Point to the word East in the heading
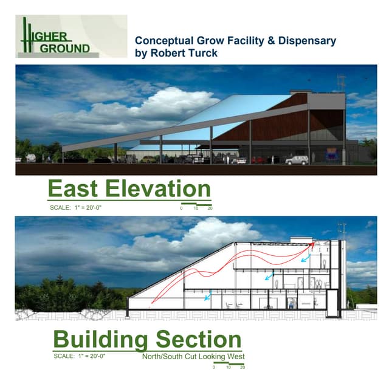point(75,189)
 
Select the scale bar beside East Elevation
point(196,202)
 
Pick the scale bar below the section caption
point(229,363)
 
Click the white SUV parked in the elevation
point(297,160)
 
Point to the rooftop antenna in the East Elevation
point(341,82)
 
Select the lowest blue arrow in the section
point(208,296)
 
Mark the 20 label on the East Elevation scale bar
point(210,208)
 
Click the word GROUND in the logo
point(67,47)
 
